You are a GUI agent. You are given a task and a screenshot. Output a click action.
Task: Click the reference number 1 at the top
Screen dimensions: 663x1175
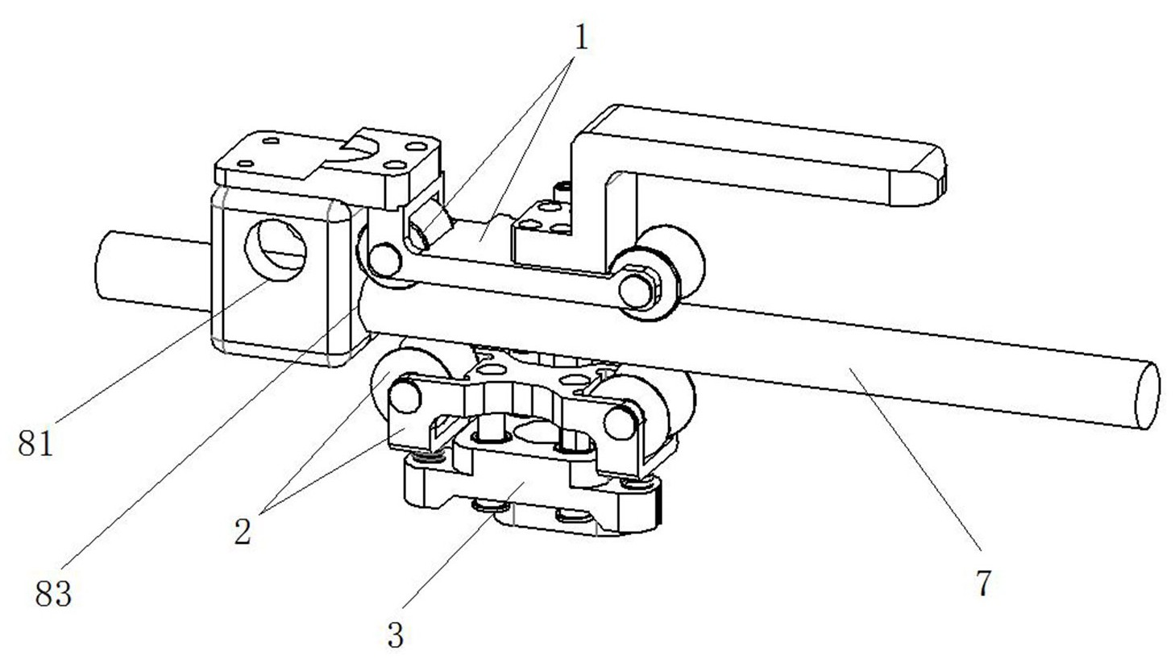579,36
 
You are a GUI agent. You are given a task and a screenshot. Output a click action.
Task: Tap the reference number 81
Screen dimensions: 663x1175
36,442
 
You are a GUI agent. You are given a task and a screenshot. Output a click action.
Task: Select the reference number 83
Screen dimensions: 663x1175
54,594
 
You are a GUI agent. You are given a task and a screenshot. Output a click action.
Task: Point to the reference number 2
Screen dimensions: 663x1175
243,531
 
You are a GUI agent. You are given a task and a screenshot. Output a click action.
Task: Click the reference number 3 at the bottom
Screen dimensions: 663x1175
395,636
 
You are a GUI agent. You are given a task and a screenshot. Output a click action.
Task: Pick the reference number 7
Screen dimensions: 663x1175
982,582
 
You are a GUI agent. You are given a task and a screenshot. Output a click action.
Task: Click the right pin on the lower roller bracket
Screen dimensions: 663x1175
621,419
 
